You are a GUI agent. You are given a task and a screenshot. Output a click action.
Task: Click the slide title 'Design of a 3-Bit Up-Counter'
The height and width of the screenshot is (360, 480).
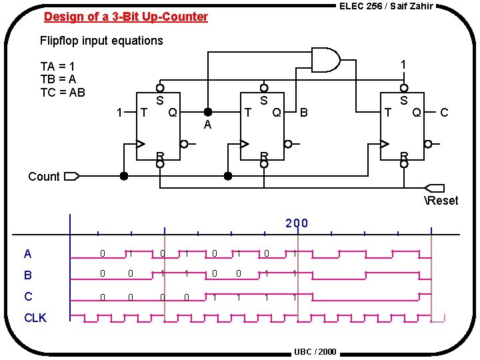tap(126, 17)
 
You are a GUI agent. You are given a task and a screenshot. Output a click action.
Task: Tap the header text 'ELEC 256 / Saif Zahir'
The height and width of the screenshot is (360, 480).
tap(386, 6)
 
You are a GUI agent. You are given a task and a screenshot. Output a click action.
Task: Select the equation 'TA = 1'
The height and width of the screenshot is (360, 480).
tap(57, 67)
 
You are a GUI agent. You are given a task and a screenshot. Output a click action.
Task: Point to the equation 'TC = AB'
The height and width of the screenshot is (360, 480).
tap(63, 92)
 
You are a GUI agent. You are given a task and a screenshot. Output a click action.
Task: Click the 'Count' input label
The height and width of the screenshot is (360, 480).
tap(44, 177)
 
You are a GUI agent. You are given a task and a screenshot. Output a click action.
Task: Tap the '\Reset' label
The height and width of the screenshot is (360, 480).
tap(441, 201)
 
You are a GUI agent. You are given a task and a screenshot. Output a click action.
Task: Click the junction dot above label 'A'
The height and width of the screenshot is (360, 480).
tap(208, 112)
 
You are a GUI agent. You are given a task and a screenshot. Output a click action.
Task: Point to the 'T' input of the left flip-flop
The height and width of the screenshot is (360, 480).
tap(143, 113)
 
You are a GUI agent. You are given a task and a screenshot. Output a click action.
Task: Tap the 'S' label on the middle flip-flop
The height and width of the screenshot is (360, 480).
tap(264, 101)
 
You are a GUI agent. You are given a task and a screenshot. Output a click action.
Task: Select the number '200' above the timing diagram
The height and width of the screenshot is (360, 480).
tap(297, 223)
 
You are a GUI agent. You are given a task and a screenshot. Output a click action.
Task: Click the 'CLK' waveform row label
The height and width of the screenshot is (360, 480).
tap(35, 318)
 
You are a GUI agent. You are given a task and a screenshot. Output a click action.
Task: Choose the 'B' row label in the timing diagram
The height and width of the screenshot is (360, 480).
tap(28, 275)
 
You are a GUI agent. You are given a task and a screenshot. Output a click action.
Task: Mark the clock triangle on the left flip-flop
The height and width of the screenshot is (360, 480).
tap(141, 143)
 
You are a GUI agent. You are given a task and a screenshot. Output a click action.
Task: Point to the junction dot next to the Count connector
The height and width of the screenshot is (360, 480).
tap(123, 177)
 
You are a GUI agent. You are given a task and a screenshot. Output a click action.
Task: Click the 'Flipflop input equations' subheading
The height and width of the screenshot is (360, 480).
tap(101, 41)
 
